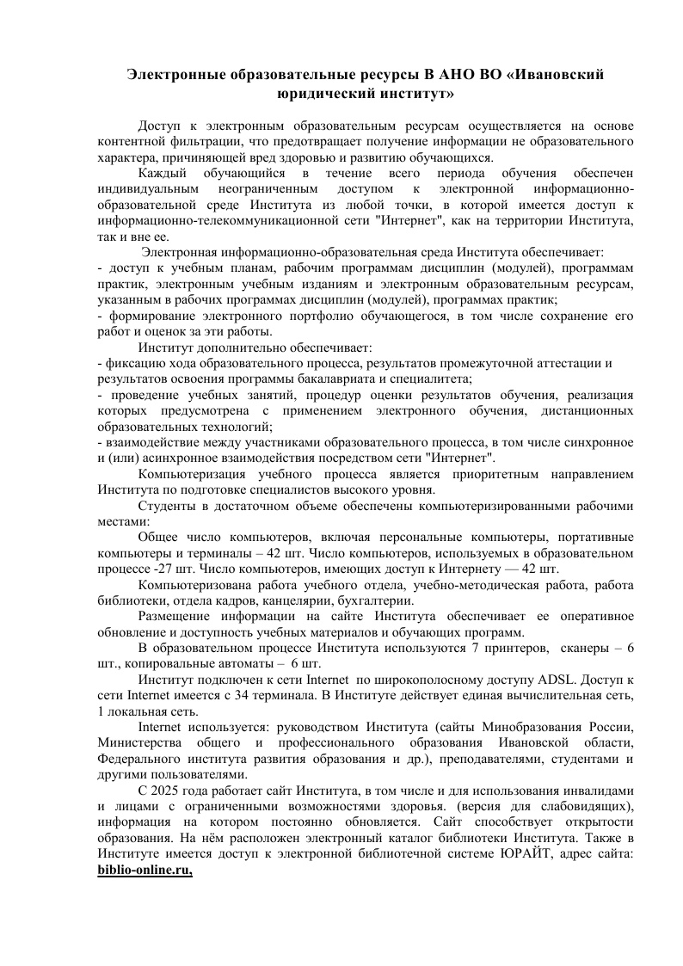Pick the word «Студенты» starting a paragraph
[166, 506]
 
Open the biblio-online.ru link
[145, 871]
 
